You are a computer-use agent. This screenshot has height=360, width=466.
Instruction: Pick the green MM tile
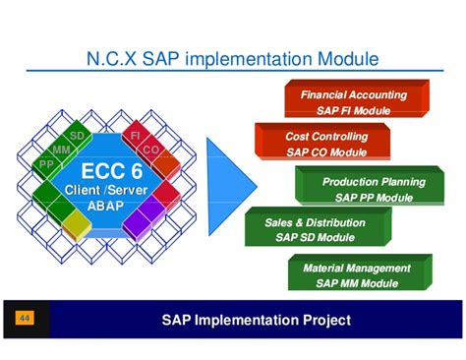pyautogui.click(x=61, y=149)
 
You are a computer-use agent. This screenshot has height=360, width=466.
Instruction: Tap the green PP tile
pyautogui.click(x=45, y=163)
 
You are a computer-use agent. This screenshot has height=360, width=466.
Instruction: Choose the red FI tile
pyautogui.click(x=135, y=134)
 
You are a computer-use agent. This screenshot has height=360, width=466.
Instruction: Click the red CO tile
pyautogui.click(x=150, y=150)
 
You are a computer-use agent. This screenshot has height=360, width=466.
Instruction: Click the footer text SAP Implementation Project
pyautogui.click(x=256, y=320)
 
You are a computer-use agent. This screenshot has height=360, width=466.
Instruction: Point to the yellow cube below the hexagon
pyautogui.click(x=75, y=228)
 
